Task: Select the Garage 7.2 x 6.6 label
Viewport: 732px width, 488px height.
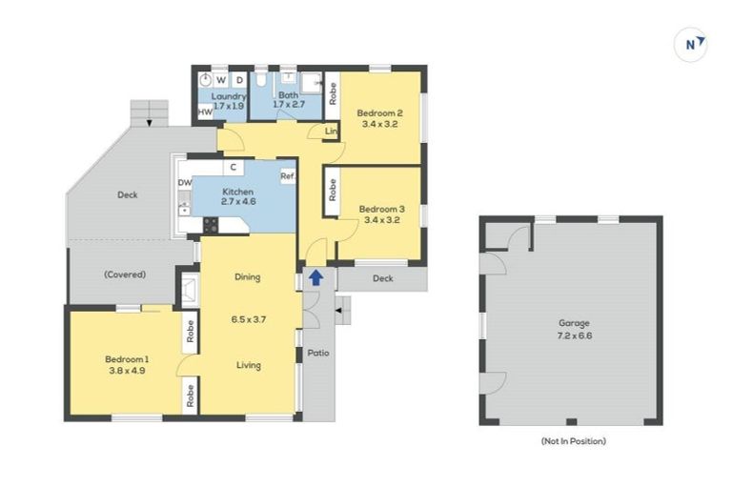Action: [x=570, y=328]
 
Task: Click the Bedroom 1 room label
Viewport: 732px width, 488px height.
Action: [x=126, y=364]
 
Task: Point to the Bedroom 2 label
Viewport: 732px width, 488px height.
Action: [x=379, y=117]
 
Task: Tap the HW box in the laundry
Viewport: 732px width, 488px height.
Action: [x=205, y=113]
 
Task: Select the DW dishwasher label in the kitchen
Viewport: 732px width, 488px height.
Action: [x=183, y=183]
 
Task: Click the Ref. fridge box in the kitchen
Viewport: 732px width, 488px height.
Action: [x=287, y=176]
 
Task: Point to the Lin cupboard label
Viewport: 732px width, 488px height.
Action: [x=331, y=131]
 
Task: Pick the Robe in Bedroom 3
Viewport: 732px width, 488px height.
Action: [x=332, y=190]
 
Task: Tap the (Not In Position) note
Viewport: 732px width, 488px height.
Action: [x=572, y=441]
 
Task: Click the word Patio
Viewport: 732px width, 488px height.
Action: [x=317, y=354]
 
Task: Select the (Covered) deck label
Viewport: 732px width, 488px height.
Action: [x=125, y=274]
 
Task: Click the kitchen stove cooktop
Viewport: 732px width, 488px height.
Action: [x=211, y=225]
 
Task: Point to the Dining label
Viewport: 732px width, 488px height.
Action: [x=248, y=277]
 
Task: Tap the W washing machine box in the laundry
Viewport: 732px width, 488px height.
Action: [x=221, y=80]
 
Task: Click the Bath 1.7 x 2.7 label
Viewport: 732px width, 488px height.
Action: [x=289, y=100]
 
